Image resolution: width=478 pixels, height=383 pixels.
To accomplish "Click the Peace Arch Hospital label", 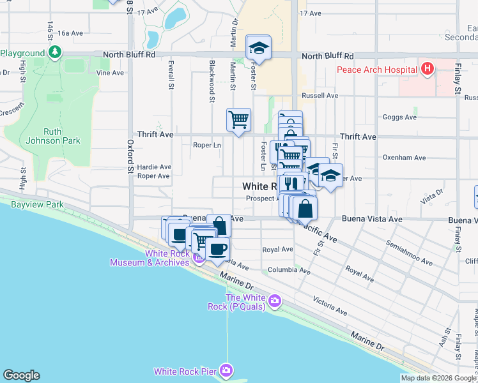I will pyautogui.click(x=376, y=68).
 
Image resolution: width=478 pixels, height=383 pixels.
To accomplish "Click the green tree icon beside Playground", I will pyautogui.click(x=56, y=52).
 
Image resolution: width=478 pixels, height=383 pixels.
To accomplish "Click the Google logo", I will pyautogui.click(x=21, y=375).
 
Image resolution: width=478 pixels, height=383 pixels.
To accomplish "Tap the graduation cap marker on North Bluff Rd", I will pyautogui.click(x=258, y=47).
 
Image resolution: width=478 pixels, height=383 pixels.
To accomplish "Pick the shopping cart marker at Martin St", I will pyautogui.click(x=238, y=119).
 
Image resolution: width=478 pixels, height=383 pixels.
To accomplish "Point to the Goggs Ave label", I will pyautogui.click(x=399, y=117).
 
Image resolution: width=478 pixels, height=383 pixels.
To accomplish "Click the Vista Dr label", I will pyautogui.click(x=432, y=194).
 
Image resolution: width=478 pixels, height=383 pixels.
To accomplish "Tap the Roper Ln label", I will pyautogui.click(x=206, y=145).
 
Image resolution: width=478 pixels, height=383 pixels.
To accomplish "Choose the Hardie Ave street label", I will pyautogui.click(x=154, y=167).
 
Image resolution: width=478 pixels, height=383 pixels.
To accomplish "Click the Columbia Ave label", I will pyautogui.click(x=289, y=271).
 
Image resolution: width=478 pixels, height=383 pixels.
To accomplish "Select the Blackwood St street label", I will pyautogui.click(x=211, y=81).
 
